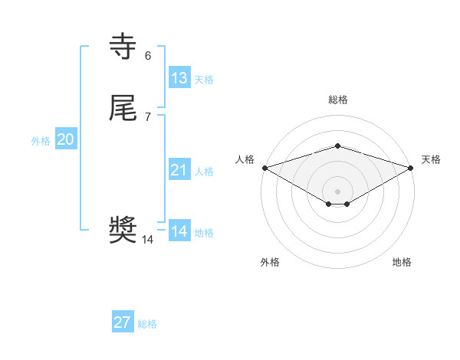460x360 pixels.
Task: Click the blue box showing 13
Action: (179, 78)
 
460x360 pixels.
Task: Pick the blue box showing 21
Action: (179, 170)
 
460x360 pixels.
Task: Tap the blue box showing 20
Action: (66, 139)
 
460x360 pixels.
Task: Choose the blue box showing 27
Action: (123, 322)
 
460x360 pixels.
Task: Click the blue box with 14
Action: (179, 231)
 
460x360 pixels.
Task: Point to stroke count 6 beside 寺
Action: (148, 55)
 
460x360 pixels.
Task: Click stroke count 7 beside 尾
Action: (148, 117)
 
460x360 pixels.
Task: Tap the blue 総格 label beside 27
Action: (147, 324)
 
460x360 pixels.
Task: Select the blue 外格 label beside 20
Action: (41, 141)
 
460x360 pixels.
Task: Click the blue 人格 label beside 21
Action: (205, 172)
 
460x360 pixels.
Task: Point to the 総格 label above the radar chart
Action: (337, 100)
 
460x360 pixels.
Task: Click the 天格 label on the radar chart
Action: (431, 159)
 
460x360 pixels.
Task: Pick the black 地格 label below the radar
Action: (402, 262)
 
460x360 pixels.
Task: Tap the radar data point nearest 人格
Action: (264, 168)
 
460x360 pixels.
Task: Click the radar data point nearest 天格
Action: (411, 168)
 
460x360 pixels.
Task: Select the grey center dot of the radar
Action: (337, 191)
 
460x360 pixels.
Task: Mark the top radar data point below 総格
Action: (337, 146)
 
